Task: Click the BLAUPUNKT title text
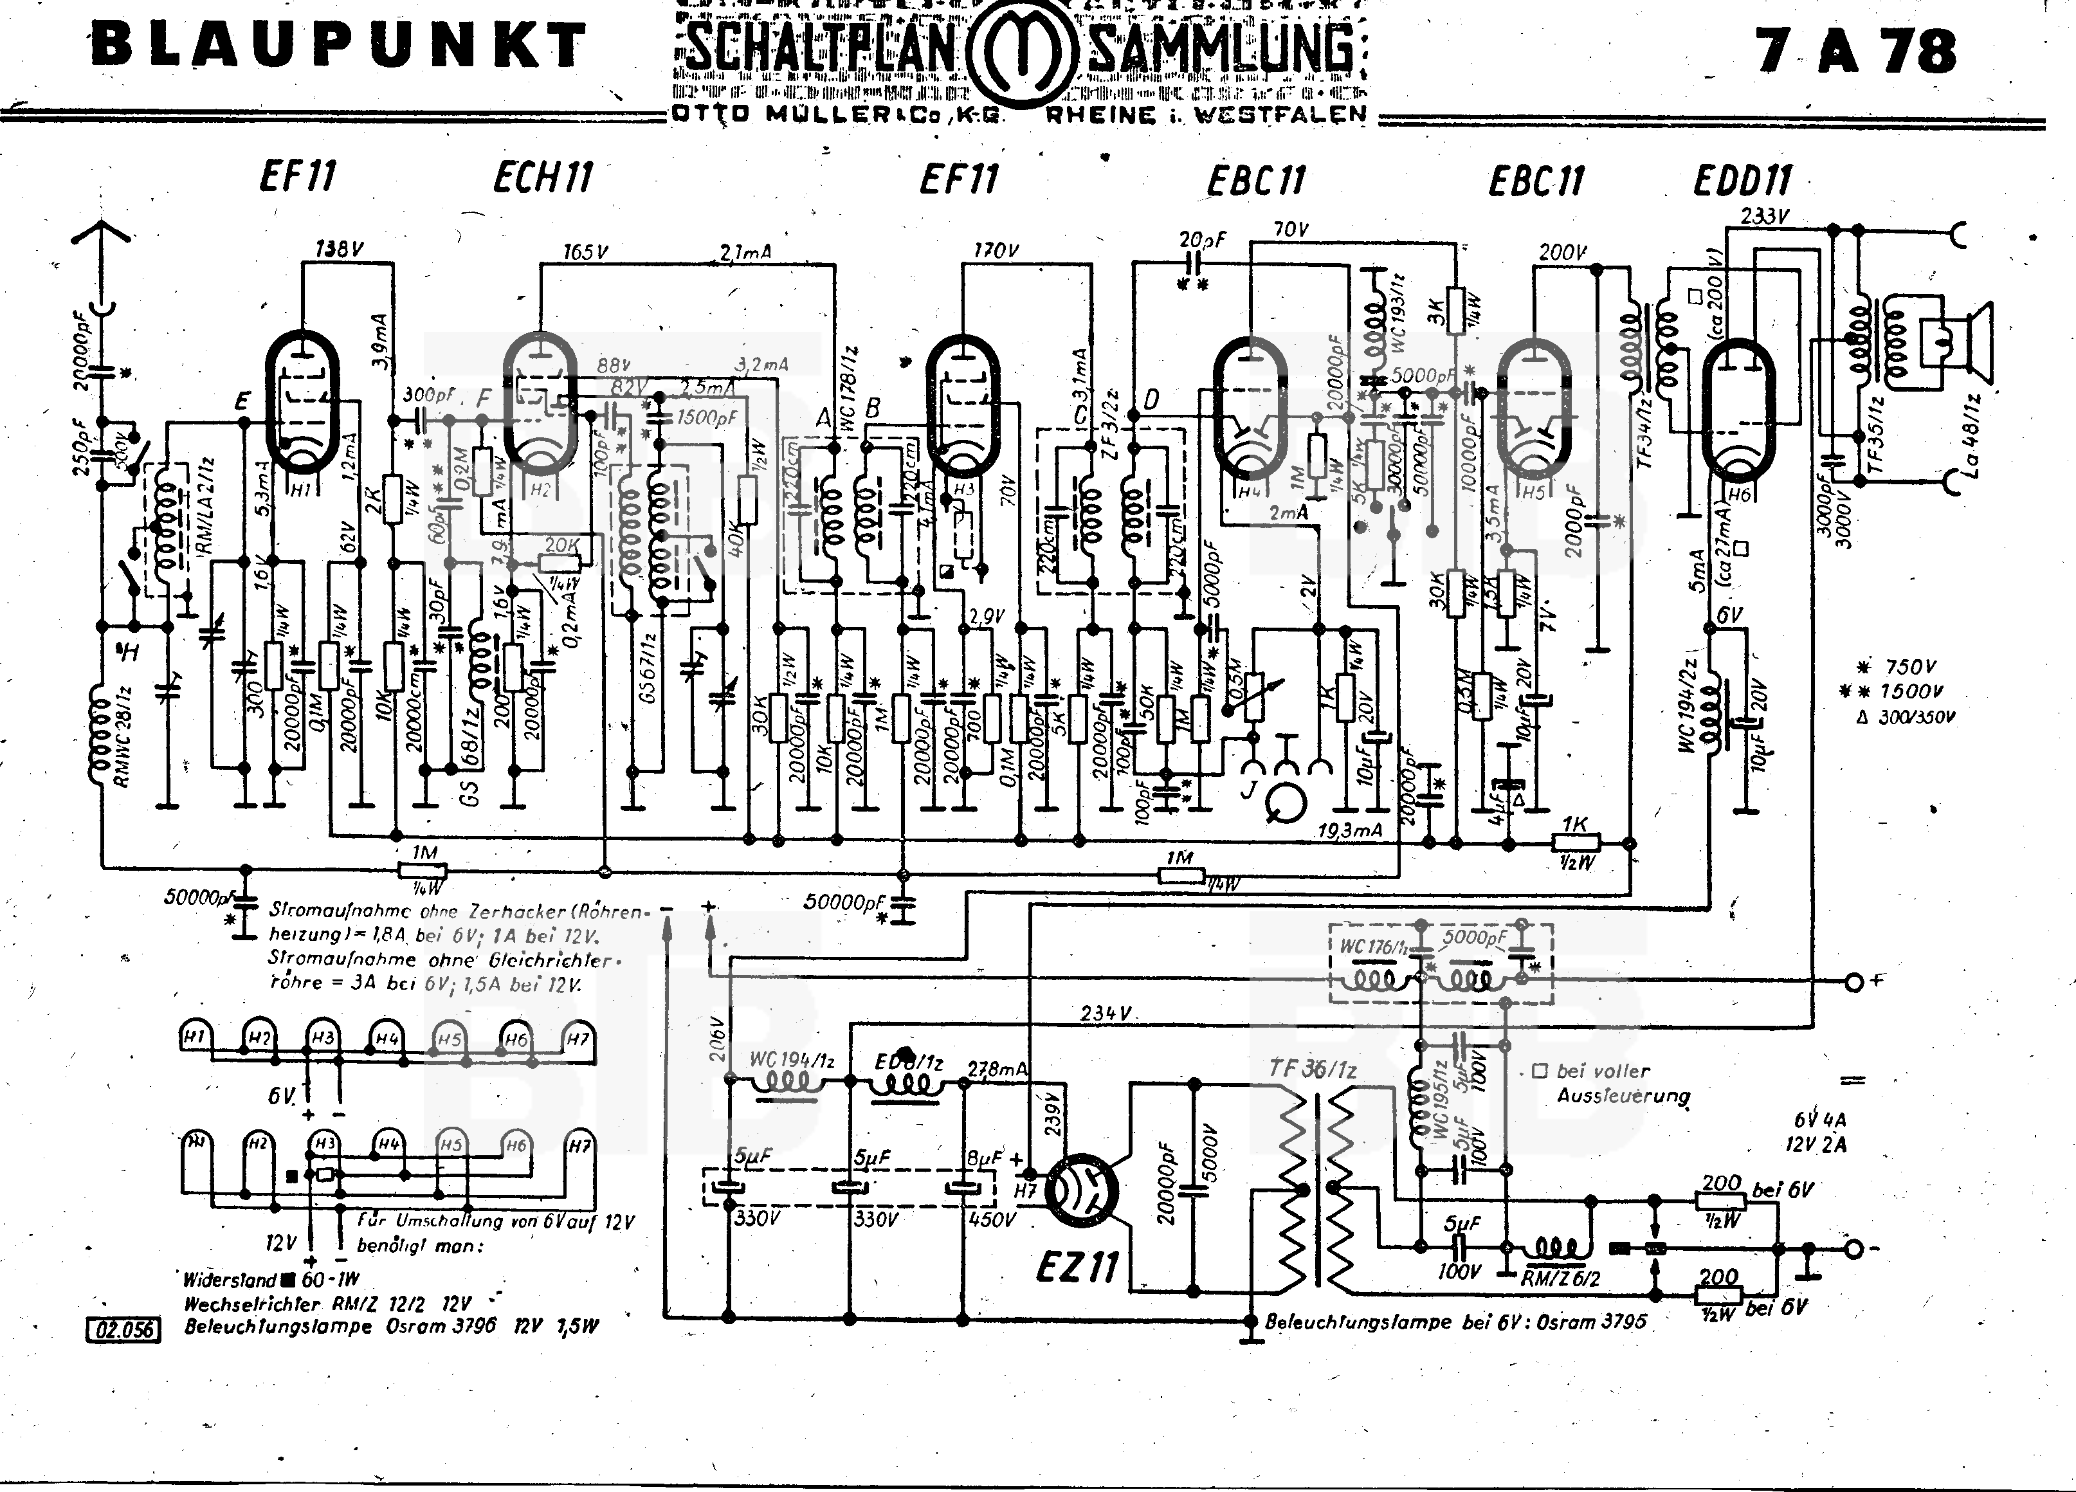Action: [339, 46]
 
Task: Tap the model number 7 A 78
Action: [1855, 51]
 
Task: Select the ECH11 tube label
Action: [543, 177]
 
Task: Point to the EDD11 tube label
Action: [1742, 180]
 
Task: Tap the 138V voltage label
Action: [340, 248]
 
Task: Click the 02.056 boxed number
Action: [123, 1329]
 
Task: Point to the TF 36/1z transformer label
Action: [1312, 1068]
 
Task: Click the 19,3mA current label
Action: [1349, 830]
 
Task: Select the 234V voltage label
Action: [1105, 1014]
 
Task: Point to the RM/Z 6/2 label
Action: [1560, 1278]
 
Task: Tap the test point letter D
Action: [1151, 399]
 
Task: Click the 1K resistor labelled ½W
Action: [1574, 842]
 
